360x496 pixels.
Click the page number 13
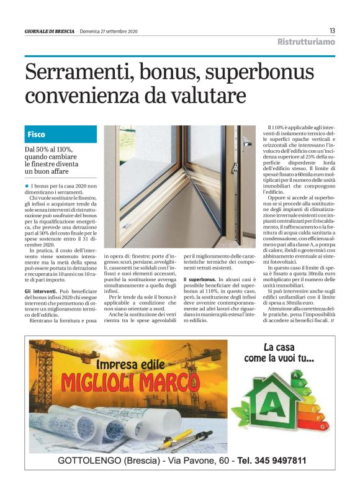pos(332,31)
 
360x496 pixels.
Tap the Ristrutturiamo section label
pos(305,42)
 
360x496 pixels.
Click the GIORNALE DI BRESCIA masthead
pos(49,32)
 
